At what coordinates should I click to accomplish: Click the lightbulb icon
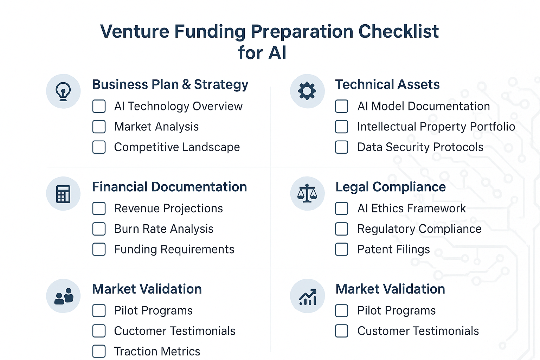[x=63, y=91]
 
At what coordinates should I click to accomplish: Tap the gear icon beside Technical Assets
[x=307, y=91]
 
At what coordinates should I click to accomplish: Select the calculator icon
[x=63, y=194]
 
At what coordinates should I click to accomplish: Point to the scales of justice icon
[x=307, y=193]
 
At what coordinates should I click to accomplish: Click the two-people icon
[x=64, y=296]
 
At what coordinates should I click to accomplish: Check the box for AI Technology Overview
[x=99, y=106]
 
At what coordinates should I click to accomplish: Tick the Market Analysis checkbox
[x=99, y=127]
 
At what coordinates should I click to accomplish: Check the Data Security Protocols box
[x=342, y=147]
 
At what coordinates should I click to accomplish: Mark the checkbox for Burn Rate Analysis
[x=99, y=229]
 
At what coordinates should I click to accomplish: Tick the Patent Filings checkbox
[x=342, y=249]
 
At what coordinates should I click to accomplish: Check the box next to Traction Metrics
[x=99, y=351]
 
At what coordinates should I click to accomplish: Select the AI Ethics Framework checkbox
[x=342, y=208]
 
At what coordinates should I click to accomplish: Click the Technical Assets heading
[x=387, y=85]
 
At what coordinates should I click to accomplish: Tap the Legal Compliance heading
[x=391, y=187]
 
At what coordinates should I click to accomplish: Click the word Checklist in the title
[x=399, y=32]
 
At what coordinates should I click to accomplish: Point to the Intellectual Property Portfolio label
[x=436, y=127]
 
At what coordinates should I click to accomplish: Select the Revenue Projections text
[x=168, y=208]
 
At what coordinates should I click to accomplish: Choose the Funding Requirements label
[x=174, y=249]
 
